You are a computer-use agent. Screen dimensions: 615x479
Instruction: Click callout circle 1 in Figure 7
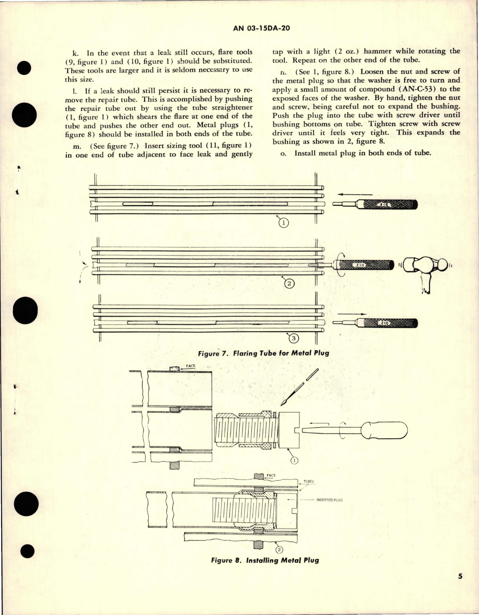pyautogui.click(x=284, y=223)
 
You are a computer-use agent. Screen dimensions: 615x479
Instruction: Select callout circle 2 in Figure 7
pyautogui.click(x=289, y=284)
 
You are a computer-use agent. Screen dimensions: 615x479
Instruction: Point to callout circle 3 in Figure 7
pyautogui.click(x=294, y=339)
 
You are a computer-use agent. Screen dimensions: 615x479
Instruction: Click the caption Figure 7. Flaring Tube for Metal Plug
pyautogui.click(x=263, y=353)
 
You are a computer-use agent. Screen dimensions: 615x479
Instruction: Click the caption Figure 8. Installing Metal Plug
pyautogui.click(x=265, y=560)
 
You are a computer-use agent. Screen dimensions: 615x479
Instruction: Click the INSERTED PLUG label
pyautogui.click(x=329, y=500)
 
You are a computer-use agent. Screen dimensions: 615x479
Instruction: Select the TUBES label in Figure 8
pyautogui.click(x=309, y=482)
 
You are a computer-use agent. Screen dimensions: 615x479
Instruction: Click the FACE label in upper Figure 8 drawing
pyautogui.click(x=191, y=366)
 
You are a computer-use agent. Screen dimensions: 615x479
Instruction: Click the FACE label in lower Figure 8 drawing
pyautogui.click(x=271, y=476)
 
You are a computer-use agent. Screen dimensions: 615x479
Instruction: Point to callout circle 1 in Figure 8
pyautogui.click(x=294, y=460)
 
